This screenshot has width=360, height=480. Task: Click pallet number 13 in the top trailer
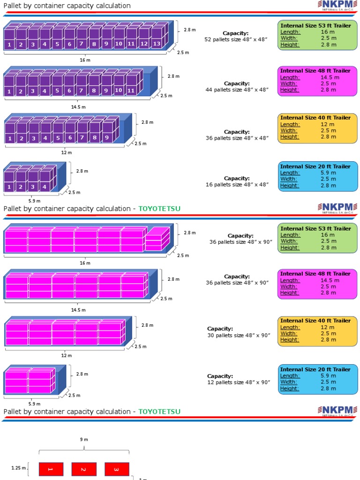click(157, 44)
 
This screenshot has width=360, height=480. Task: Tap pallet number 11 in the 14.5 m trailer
click(131, 90)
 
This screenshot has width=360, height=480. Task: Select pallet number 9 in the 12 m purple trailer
click(107, 138)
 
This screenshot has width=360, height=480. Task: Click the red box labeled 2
click(84, 469)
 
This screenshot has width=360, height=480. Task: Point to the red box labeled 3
click(117, 469)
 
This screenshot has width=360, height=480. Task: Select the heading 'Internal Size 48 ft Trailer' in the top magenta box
click(315, 71)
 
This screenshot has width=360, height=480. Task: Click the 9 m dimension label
click(84, 439)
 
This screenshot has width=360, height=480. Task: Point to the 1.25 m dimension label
click(18, 467)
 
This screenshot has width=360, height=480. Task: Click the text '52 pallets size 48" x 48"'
click(236, 39)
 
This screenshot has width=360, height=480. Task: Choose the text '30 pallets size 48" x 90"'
click(239, 335)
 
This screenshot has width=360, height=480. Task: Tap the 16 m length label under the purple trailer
click(85, 60)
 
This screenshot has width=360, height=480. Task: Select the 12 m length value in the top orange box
click(325, 124)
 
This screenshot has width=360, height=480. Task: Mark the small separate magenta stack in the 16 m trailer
click(157, 239)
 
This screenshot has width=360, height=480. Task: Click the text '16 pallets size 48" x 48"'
click(236, 185)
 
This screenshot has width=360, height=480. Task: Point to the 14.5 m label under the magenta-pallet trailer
click(78, 310)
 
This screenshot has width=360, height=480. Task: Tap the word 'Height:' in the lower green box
click(290, 247)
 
